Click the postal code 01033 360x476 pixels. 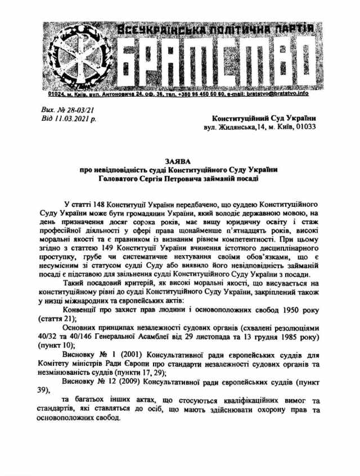point(304,127)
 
